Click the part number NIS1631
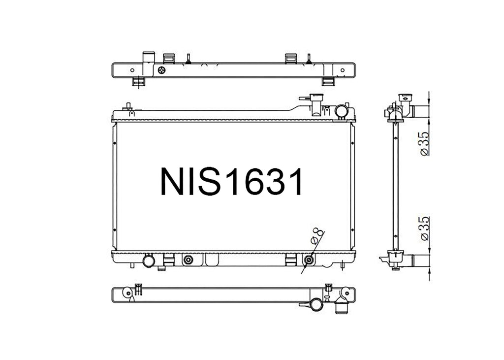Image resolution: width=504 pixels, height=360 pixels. tap(231, 182)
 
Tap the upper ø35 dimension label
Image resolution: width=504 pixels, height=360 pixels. tap(425, 143)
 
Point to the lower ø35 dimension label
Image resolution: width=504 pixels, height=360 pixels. tap(425, 229)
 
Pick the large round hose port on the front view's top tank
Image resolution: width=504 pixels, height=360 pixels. tap(341, 111)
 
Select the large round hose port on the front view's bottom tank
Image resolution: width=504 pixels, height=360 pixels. tap(149, 261)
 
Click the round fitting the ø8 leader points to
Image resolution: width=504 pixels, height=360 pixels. tap(309, 260)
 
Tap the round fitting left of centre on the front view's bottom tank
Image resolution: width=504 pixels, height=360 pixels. tap(188, 260)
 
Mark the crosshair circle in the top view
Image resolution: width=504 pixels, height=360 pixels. tap(162, 70)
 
